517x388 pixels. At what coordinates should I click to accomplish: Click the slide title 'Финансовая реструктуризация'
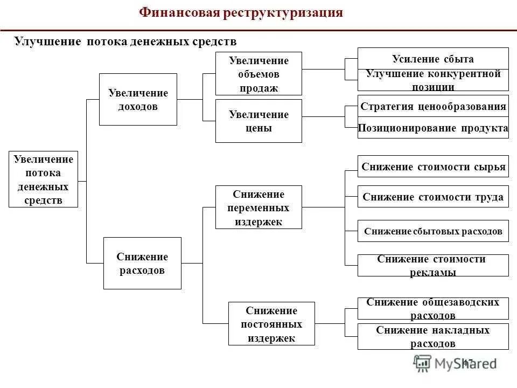[241, 13]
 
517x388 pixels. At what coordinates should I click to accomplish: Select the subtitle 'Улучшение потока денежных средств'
[125, 41]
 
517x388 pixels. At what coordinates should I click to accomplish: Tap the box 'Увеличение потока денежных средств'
[44, 179]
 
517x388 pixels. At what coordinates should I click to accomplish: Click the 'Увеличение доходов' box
[138, 100]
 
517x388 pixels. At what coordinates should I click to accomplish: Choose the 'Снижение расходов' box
[142, 264]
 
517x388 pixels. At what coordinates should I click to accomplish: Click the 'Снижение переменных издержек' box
[258, 207]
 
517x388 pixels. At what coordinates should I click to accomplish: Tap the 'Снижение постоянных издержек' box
[271, 324]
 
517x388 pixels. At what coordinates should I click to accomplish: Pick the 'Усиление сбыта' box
[433, 59]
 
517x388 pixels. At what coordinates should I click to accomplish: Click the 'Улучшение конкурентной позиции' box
[433, 80]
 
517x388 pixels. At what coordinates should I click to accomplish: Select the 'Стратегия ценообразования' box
[433, 106]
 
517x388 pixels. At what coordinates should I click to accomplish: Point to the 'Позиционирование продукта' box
[433, 128]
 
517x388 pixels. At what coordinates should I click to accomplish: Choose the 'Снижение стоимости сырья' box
[433, 167]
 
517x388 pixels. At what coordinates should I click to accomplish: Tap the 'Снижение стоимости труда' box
[433, 197]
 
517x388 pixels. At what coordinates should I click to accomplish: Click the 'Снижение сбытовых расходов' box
[433, 231]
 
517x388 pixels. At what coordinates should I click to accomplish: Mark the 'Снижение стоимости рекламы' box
[433, 265]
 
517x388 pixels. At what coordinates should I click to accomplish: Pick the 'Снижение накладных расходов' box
[433, 337]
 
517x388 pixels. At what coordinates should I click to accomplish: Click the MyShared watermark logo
[455, 363]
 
